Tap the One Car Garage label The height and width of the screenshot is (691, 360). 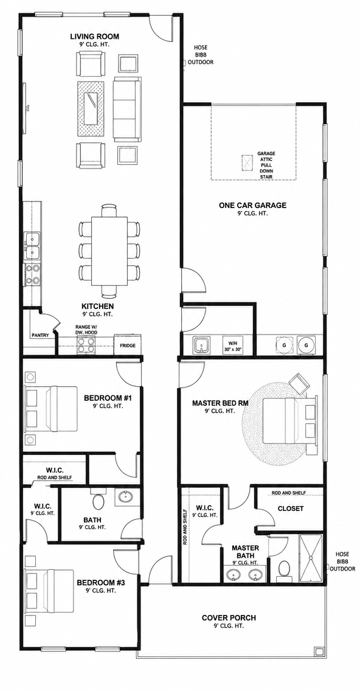coord(252,205)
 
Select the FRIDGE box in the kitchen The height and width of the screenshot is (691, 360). coord(128,344)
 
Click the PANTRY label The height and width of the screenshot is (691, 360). coord(40,335)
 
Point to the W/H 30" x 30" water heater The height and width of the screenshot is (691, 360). coord(232,345)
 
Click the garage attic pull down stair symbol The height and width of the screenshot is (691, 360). coord(248,162)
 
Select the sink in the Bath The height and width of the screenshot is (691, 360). coord(126,496)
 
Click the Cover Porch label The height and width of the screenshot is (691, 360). coord(229,618)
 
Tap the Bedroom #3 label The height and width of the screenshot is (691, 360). coord(102,583)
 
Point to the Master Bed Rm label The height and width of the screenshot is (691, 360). coord(220,403)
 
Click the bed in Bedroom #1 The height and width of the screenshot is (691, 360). coord(51,409)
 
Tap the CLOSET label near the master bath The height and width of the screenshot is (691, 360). coord(291,509)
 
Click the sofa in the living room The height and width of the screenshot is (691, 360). coord(127,108)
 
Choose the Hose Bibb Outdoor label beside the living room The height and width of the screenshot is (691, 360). coord(201,55)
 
